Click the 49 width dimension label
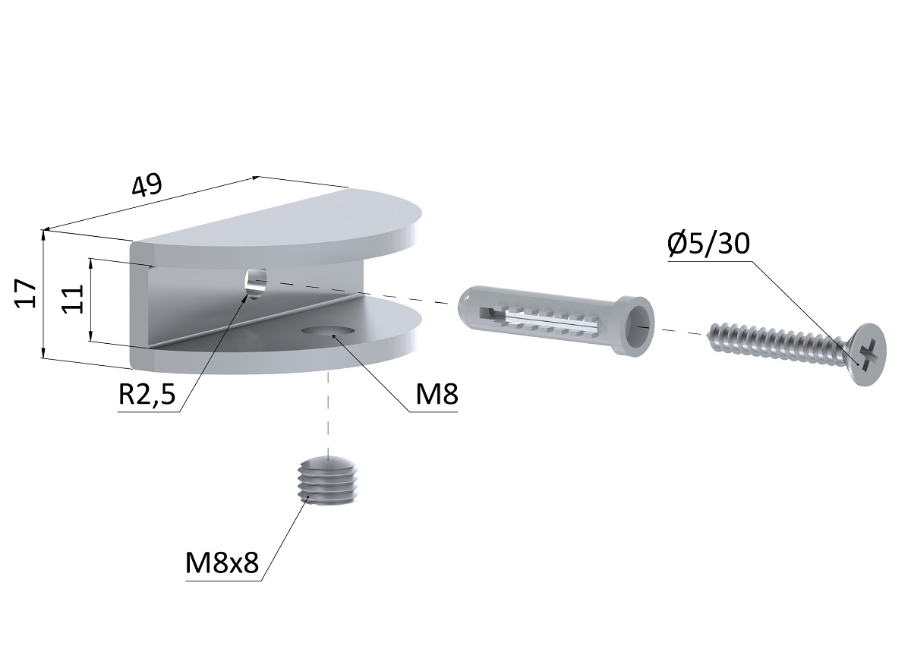(147, 185)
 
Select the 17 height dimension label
(27, 294)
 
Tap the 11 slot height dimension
(72, 299)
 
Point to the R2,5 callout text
(147, 394)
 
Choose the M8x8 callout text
(222, 562)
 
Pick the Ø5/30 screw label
(708, 244)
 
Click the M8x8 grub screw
(327, 481)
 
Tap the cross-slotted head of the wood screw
(868, 354)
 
